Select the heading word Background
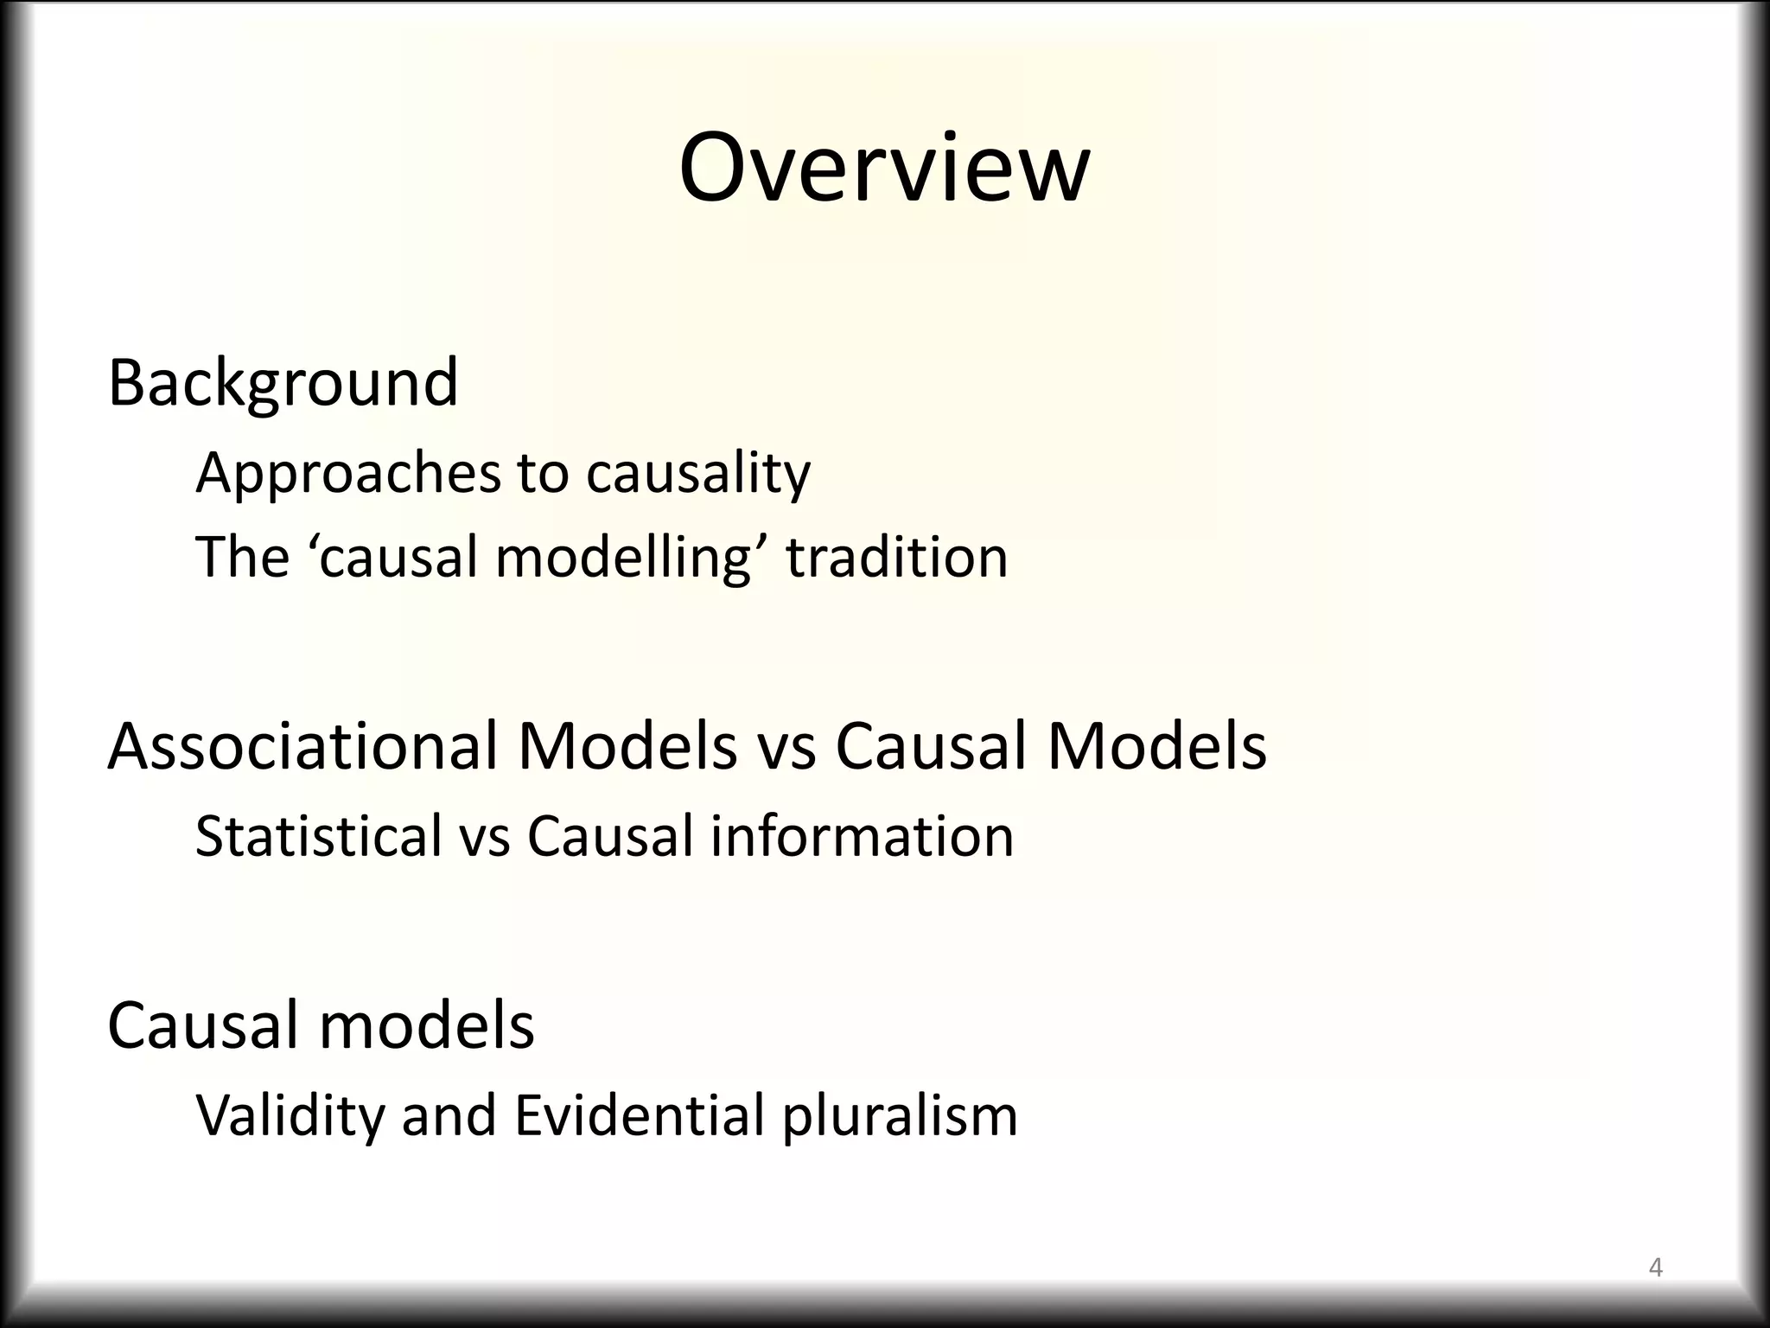pyautogui.click(x=283, y=382)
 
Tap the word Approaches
pyautogui.click(x=348, y=475)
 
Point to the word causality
pyautogui.click(x=698, y=475)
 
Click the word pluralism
pyautogui.click(x=900, y=1116)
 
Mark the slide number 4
pyautogui.click(x=1656, y=1267)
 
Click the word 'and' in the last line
pyautogui.click(x=449, y=1114)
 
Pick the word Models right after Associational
pyautogui.click(x=627, y=746)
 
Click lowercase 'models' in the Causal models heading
pyautogui.click(x=427, y=1025)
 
